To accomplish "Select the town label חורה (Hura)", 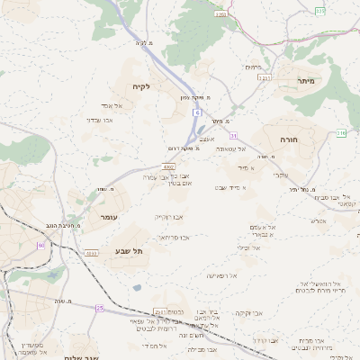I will tap(301, 139).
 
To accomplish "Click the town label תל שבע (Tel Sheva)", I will tap(130, 251).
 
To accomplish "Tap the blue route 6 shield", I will tap(195, 112).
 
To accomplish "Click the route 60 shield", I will tap(40, 245).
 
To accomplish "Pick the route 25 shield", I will tap(100, 308).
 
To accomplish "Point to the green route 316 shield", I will tap(341, 133).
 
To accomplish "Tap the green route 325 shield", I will tap(320, 10).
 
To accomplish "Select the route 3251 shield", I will tap(264, 78).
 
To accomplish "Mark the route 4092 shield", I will tap(168, 166).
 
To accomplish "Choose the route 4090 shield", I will tap(92, 254).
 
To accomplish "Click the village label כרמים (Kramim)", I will tap(254, 67).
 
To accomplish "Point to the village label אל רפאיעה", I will tap(220, 274).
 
